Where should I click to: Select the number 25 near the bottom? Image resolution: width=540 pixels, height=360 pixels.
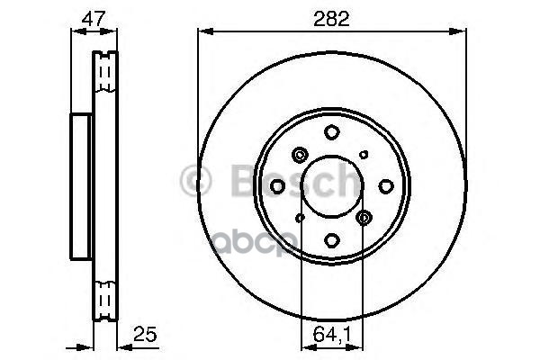click(145, 335)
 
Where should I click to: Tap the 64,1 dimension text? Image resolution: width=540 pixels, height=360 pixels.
click(332, 335)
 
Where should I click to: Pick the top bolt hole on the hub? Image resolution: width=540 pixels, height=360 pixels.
click(332, 132)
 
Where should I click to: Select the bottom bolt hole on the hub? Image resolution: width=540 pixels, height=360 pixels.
click(332, 239)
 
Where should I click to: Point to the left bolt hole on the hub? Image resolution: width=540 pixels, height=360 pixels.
click(278, 185)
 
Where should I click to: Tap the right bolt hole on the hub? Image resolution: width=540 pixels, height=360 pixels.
click(386, 185)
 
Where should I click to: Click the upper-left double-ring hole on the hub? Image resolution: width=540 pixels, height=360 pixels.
click(300, 154)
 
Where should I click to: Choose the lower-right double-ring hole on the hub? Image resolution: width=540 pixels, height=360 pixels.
click(364, 218)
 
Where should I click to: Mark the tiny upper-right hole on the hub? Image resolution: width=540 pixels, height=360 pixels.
click(364, 155)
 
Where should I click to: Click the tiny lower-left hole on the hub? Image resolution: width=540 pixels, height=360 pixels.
click(301, 217)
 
